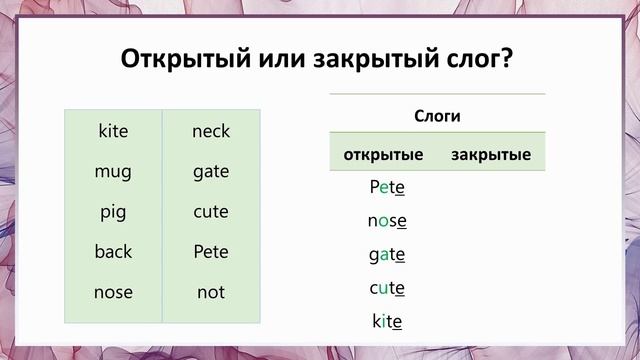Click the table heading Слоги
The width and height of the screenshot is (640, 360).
tap(437, 116)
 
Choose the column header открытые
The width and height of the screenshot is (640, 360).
tap(383, 155)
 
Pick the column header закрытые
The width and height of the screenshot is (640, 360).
tap(490, 155)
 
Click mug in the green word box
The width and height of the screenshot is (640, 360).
tap(113, 171)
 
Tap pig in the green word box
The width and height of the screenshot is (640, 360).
tap(113, 212)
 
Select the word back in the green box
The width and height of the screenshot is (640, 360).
tap(113, 251)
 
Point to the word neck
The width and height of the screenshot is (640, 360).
tap(211, 131)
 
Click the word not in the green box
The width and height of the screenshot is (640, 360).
tap(211, 292)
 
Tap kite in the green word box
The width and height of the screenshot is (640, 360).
tap(113, 131)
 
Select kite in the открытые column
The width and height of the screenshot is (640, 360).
tap(387, 322)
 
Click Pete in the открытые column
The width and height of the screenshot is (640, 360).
tap(387, 186)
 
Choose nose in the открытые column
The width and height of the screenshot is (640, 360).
tap(387, 220)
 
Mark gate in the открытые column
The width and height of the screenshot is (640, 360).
tap(387, 255)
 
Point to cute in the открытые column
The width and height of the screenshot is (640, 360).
tap(387, 288)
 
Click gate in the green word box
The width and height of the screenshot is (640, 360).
tap(211, 171)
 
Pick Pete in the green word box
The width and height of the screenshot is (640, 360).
tap(211, 251)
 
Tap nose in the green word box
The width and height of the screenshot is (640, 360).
tap(113, 292)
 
